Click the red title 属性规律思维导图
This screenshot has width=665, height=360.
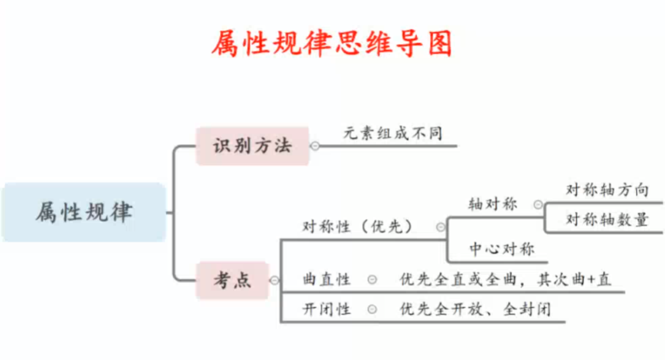332,43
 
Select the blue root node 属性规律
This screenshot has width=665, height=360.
84,212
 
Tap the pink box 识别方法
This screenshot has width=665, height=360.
252,146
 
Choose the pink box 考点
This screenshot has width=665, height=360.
232,280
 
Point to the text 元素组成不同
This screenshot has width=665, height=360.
393,133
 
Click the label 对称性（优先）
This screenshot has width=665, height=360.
357,226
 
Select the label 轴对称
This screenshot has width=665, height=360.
493,204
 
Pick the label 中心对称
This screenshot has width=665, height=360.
502,249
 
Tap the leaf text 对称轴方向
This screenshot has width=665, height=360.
607,190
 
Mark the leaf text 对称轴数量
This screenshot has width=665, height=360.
607,220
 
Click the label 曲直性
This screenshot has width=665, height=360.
326,279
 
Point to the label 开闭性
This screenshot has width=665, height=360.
326,309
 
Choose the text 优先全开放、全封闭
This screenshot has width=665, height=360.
475,309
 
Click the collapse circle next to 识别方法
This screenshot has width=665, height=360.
315,146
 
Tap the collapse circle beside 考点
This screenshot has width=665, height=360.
274,281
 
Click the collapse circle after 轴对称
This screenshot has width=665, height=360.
538,205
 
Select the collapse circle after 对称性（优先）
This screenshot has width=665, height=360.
441,227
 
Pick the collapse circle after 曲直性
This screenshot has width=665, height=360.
372,280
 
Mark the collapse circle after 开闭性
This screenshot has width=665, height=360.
372,309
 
